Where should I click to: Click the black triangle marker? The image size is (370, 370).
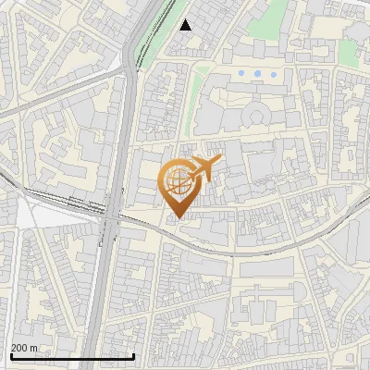point(186,25)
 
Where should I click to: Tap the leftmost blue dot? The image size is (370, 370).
point(241,73)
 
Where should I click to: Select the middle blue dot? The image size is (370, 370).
point(257,73)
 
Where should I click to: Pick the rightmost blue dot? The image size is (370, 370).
point(273,73)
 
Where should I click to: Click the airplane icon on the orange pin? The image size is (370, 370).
point(202,169)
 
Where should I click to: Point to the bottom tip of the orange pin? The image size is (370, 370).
point(176,219)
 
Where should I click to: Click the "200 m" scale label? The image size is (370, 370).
point(25,348)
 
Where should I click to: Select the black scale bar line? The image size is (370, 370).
point(72,357)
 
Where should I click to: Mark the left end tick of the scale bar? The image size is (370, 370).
point(10,356)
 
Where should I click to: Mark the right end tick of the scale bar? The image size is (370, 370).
point(135,356)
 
